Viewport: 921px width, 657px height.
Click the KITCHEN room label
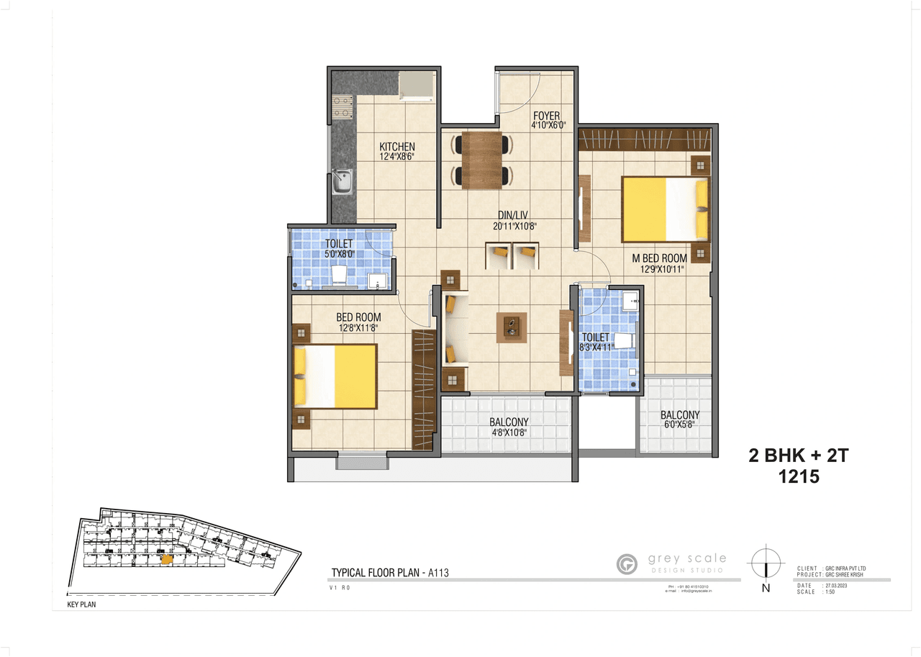(397, 147)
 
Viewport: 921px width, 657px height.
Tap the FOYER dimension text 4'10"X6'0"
(548, 125)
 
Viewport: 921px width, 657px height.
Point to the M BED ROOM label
(659, 258)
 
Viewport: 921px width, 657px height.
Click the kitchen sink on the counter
(342, 181)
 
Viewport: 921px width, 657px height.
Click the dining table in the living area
(481, 160)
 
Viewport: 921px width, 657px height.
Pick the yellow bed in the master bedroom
(665, 209)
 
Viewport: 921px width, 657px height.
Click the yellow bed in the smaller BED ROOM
(335, 376)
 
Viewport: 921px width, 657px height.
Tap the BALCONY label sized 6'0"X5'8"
(679, 415)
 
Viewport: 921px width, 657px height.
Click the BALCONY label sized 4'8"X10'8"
(509, 422)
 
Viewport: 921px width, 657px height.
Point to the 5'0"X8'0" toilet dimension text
(338, 253)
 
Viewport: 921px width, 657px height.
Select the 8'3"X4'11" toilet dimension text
(595, 347)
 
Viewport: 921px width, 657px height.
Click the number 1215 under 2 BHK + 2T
(799, 476)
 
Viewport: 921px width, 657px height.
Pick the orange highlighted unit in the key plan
(166, 558)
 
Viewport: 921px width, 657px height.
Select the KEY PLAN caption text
(81, 605)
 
